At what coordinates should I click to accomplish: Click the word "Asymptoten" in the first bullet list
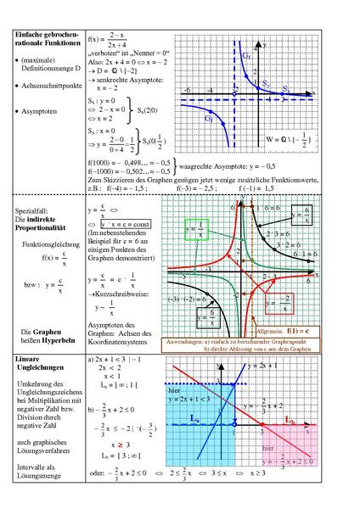click(43, 112)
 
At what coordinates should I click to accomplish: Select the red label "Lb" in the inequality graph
click(290, 419)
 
